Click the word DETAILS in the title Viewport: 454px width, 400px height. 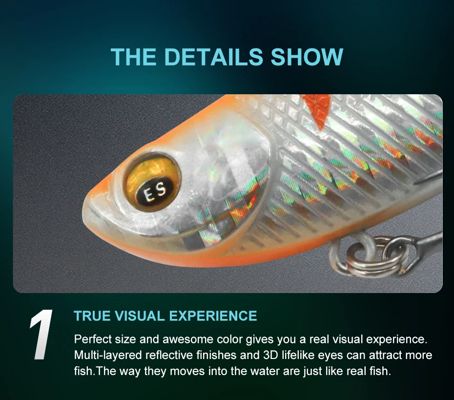point(214,57)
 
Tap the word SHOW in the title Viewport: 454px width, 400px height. point(307,57)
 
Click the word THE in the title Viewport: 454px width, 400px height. point(134,57)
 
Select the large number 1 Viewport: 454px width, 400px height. point(41,335)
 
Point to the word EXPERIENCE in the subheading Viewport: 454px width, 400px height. point(213,316)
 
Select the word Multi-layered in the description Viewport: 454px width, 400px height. point(108,356)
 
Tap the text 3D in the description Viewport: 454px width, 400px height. point(271,355)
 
